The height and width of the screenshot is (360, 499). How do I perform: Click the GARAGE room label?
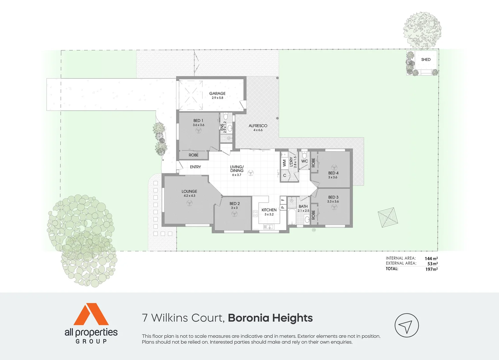point(217,94)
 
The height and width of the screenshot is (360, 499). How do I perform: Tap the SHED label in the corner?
point(426,60)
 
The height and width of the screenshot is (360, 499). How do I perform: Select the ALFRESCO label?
point(258,126)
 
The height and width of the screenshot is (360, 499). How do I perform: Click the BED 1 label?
point(198,121)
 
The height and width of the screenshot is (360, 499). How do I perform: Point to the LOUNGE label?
point(189,192)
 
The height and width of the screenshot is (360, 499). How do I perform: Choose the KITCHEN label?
point(269,210)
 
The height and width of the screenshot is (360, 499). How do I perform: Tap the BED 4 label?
point(333,173)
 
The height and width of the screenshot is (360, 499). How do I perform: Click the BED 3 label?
point(333,197)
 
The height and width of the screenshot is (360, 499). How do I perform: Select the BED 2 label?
point(234,204)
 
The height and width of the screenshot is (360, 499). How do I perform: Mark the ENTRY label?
point(195,167)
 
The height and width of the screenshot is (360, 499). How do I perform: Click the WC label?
point(304,161)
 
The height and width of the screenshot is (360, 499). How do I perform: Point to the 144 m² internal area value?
point(431,258)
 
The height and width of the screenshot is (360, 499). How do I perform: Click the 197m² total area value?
point(431,269)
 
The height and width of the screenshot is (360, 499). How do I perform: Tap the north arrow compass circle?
point(406,325)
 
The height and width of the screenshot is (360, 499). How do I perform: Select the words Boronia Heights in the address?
point(270,318)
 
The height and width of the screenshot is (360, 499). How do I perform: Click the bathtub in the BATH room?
point(292,217)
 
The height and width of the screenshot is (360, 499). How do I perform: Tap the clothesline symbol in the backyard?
point(388,217)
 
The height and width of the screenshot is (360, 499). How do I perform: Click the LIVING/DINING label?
point(237,169)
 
